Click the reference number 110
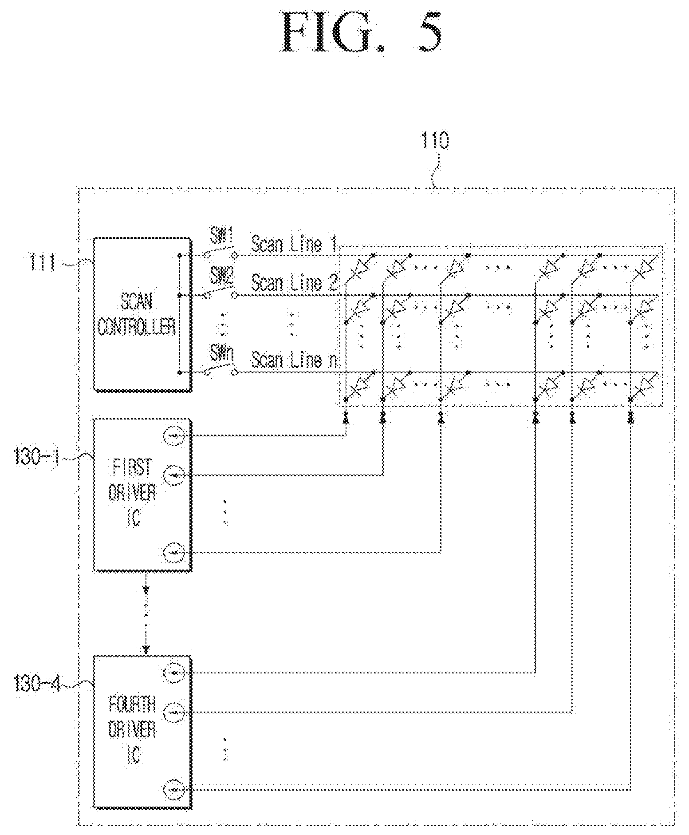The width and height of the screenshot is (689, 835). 434,141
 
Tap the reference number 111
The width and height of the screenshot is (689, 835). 41,264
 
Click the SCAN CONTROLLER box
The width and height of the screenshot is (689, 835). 143,314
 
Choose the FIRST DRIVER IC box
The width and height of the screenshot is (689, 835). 143,494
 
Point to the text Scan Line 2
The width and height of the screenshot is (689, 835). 294,282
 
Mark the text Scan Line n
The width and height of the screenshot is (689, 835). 294,360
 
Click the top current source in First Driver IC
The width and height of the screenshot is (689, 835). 173,436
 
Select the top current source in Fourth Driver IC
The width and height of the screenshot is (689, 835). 173,673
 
